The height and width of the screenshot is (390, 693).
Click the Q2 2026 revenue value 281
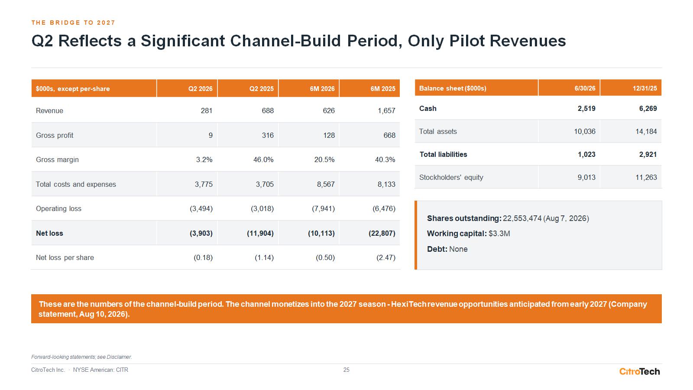pos(206,110)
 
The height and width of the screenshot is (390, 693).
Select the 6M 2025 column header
pos(383,88)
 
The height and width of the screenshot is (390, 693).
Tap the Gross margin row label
pos(57,159)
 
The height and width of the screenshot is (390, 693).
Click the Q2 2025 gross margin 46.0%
pos(263,159)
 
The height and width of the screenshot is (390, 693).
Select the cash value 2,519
pos(586,108)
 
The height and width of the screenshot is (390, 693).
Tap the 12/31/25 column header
pos(645,88)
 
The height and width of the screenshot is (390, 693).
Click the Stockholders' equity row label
pos(451,177)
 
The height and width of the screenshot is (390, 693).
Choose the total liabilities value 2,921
pos(648,154)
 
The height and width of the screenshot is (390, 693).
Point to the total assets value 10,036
pos(584,131)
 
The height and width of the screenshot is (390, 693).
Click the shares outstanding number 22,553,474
pos(522,218)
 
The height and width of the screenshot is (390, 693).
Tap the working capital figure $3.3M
pos(499,234)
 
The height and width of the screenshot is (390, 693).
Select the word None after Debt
pos(458,249)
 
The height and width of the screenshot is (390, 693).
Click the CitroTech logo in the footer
pos(639,371)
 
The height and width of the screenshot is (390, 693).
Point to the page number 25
pos(346,370)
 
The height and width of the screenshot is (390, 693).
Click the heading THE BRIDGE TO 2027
pos(73,23)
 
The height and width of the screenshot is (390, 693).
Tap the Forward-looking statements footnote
pos(82,357)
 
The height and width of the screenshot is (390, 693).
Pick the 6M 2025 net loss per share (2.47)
pos(386,257)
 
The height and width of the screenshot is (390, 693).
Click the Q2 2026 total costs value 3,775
pos(204,184)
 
